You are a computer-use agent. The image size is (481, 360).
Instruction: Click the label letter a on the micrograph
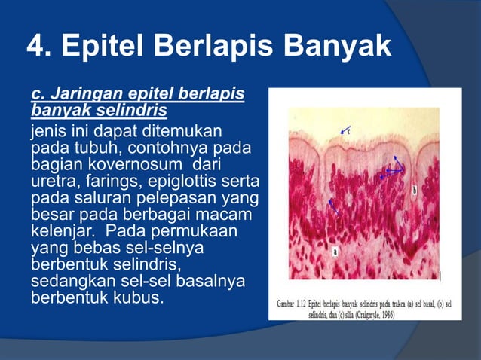click(334, 252)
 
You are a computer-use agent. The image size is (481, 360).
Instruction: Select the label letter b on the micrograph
click(414, 191)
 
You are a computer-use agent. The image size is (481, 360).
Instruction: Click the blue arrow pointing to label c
click(345, 131)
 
